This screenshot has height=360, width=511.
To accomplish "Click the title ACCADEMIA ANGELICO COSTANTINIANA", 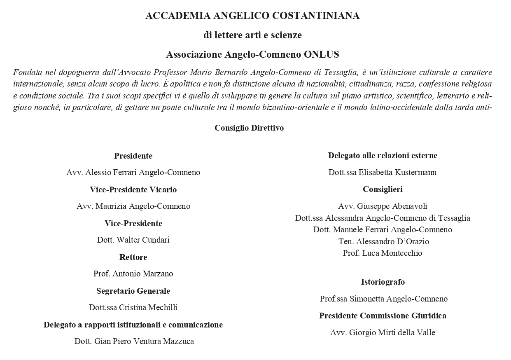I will [x=252, y=16].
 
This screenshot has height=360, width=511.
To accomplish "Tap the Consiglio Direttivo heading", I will [x=249, y=128].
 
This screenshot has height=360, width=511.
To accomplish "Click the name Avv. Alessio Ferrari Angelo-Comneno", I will [x=133, y=172].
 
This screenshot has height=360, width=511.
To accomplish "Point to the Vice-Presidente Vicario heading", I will [x=133, y=189].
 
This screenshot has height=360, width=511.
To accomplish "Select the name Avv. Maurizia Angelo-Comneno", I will [x=133, y=206].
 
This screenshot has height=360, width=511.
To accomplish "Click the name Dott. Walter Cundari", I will [x=133, y=240].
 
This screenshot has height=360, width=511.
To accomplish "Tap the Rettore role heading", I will [x=133, y=257].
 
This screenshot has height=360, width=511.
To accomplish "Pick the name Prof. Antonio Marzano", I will [x=133, y=274].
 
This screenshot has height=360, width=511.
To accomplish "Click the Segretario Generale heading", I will [x=133, y=291].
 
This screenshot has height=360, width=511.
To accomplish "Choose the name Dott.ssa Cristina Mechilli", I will [x=133, y=307].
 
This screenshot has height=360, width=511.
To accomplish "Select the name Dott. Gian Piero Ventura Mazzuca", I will [x=134, y=341].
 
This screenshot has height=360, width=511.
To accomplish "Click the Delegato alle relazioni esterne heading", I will [x=383, y=155].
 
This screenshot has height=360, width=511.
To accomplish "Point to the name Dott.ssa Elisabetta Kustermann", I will [x=383, y=172].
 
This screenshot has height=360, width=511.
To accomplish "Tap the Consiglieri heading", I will [x=383, y=189].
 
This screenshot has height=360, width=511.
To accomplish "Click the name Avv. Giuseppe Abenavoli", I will [x=383, y=206].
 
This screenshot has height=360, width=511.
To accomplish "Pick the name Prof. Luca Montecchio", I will [x=383, y=253].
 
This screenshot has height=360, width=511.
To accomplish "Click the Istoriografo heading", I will [x=383, y=282].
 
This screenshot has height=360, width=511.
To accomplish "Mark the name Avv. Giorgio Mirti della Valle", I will [x=383, y=332].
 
